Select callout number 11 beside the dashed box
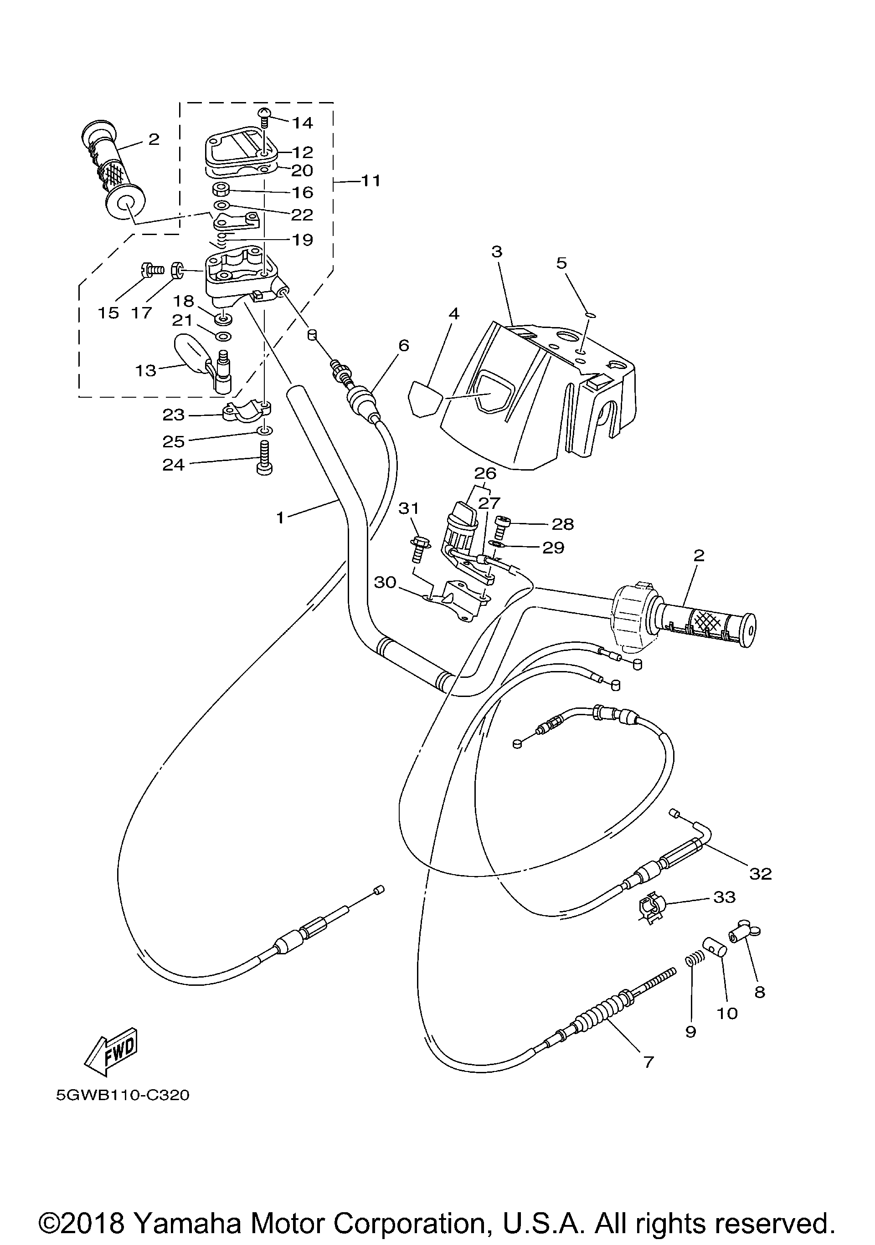(371, 180)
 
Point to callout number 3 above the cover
(497, 252)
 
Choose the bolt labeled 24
(264, 459)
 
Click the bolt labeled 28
(502, 526)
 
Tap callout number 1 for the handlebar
(280, 518)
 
